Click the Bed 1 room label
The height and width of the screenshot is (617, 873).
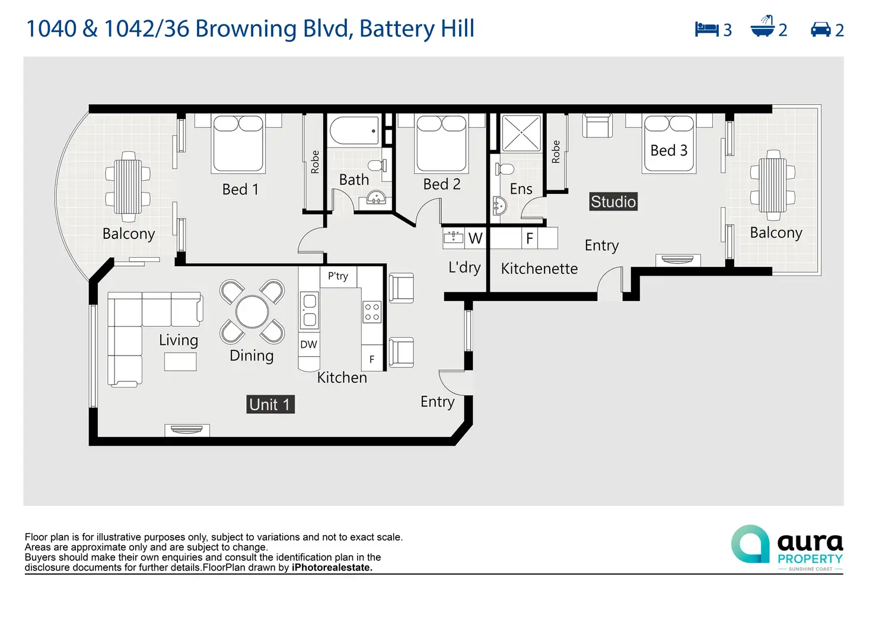240,190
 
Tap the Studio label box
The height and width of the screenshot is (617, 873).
613,202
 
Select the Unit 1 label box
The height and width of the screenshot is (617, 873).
270,404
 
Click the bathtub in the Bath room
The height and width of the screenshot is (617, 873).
354,130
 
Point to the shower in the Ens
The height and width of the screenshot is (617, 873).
521,133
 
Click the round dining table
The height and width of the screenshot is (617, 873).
252,312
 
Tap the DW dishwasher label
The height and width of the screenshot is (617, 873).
308,344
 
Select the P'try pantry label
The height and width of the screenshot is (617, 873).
338,276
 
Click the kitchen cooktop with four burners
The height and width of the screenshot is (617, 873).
372,312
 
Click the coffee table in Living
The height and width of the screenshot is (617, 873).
180,362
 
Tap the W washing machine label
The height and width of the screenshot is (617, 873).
475,238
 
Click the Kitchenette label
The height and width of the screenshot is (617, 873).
539,268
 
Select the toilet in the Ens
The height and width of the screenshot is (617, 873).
504,170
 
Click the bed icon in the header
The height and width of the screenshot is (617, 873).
706,29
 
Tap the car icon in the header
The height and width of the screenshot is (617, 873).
821,29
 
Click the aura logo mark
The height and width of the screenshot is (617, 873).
751,544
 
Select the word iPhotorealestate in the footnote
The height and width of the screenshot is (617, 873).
332,567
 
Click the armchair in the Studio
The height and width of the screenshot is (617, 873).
598,126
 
